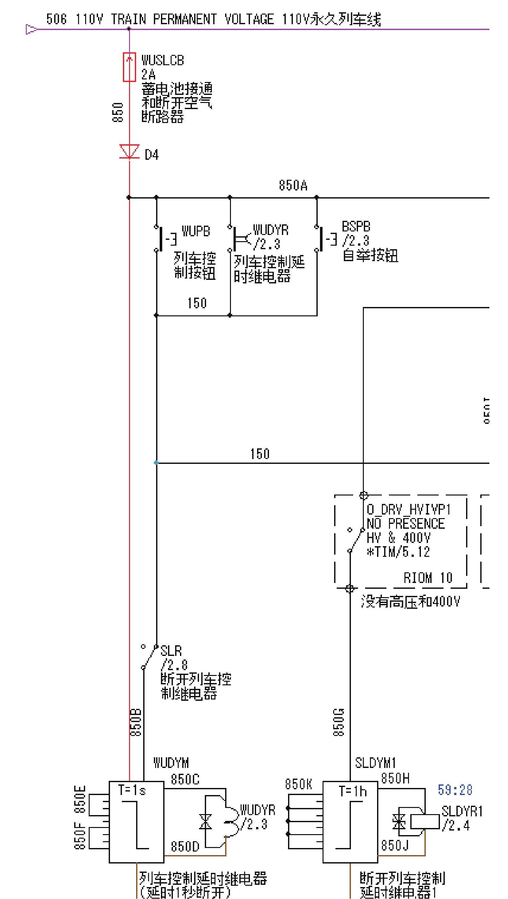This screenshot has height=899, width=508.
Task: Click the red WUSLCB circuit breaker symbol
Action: click(x=129, y=67)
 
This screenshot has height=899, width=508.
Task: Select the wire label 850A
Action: click(x=293, y=185)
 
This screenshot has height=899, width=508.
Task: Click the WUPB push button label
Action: click(x=196, y=231)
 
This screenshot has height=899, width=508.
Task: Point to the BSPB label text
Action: click(x=356, y=227)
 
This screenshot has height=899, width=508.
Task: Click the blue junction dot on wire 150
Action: click(x=156, y=463)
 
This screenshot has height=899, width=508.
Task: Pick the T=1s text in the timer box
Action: click(x=132, y=790)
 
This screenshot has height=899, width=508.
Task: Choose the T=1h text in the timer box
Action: click(x=353, y=791)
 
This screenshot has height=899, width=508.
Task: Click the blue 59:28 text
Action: click(x=455, y=790)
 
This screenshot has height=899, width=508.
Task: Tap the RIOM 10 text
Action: click(x=428, y=578)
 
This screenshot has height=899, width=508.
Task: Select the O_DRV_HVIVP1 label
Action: click(x=409, y=510)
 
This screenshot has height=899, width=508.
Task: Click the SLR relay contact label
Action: click(x=171, y=651)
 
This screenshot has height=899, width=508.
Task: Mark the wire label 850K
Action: click(x=298, y=784)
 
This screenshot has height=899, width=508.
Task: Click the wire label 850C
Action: click(x=185, y=779)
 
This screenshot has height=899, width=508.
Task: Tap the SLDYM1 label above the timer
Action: click(x=375, y=763)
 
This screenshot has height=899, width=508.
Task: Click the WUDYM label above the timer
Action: click(x=171, y=763)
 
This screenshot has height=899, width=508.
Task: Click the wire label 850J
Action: click(x=394, y=845)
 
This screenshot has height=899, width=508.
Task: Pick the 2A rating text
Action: click(x=148, y=74)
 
